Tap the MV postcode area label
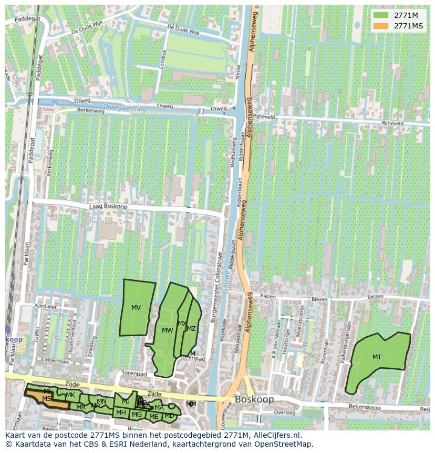point(136,308)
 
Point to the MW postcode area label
point(168,330)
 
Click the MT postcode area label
point(377,357)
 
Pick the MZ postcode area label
point(191,329)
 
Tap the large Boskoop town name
point(254,400)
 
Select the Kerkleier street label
point(45,305)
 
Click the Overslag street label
point(285,413)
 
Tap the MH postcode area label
point(121,412)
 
